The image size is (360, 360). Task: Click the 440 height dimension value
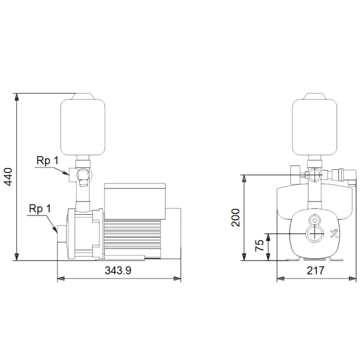click(9, 177)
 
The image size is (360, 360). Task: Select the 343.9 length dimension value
click(118, 271)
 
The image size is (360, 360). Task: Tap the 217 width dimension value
click(316, 271)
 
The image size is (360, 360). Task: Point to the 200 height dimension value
click(236, 218)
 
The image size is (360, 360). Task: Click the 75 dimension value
click(260, 245)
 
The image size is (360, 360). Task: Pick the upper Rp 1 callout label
click(47, 161)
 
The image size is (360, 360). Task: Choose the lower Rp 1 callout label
click(40, 209)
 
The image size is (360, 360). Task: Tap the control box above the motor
click(135, 201)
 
